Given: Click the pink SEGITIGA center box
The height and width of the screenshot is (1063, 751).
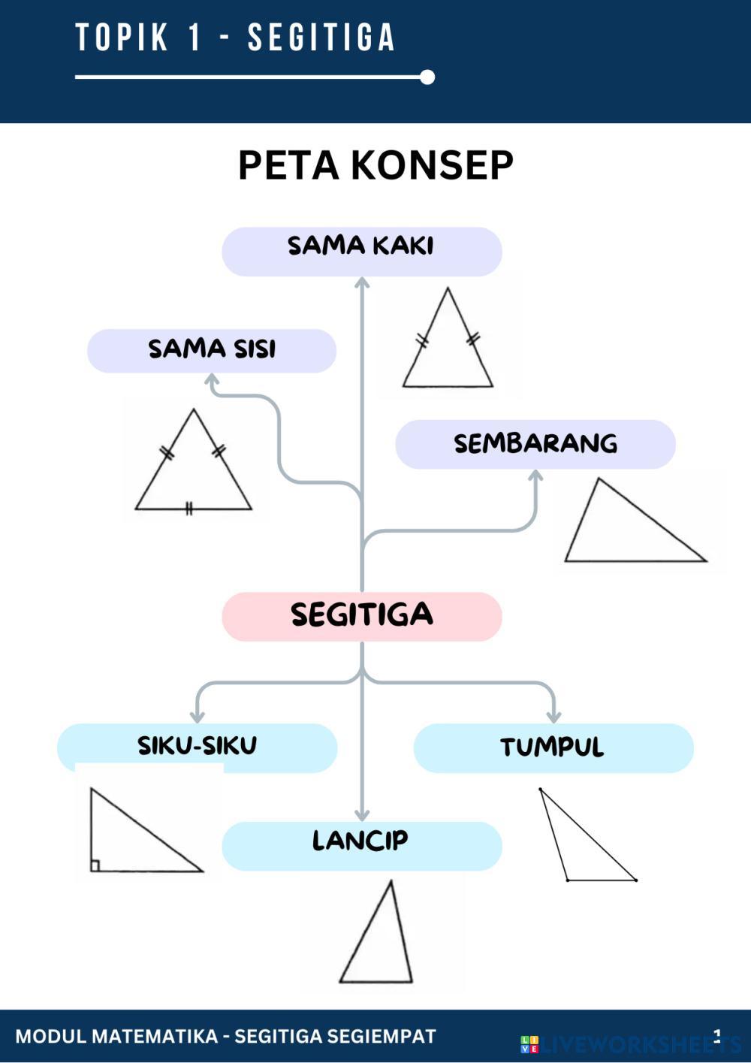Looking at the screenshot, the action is pyautogui.click(x=362, y=616).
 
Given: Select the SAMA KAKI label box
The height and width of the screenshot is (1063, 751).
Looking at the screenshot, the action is pyautogui.click(x=362, y=251).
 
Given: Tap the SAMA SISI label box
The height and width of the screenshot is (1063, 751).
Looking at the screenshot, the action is pyautogui.click(x=212, y=350).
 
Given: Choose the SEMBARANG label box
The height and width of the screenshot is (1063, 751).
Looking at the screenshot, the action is pyautogui.click(x=535, y=444).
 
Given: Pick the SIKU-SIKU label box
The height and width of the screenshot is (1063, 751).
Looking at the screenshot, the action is pyautogui.click(x=197, y=747).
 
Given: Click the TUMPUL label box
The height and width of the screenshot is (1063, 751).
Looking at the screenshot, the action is pyautogui.click(x=553, y=747).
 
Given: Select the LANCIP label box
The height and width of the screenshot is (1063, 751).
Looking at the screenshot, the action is pyautogui.click(x=362, y=845).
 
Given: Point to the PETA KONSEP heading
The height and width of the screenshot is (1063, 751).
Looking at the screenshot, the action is pyautogui.click(x=375, y=165).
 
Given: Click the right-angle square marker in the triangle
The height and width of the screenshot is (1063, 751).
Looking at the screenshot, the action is pyautogui.click(x=95, y=865).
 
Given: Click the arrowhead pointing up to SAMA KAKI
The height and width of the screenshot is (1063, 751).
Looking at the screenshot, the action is pyautogui.click(x=362, y=282).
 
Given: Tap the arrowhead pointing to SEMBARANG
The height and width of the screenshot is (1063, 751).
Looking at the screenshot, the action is pyautogui.click(x=535, y=476).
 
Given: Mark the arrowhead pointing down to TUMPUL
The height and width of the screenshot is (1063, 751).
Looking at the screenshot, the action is pyautogui.click(x=553, y=717).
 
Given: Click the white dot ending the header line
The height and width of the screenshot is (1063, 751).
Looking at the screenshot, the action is pyautogui.click(x=427, y=77).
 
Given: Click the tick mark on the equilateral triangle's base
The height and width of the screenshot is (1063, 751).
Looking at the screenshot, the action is pyautogui.click(x=189, y=509).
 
